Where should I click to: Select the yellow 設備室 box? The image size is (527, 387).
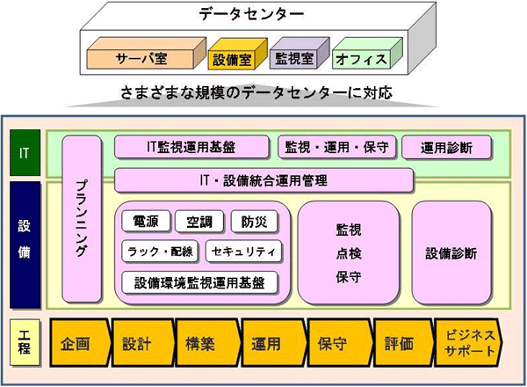pos(231,60)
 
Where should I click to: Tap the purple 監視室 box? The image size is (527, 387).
pos(295,60)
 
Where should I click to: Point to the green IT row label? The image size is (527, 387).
pos(24,150)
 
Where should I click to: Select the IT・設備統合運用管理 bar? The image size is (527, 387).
pos(263,181)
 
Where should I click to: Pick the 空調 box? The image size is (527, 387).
pos(199,223)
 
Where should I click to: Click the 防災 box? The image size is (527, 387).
pos(253,223)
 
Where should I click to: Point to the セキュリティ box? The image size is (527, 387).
pos(244,251)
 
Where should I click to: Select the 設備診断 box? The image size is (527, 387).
pos(451,253)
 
